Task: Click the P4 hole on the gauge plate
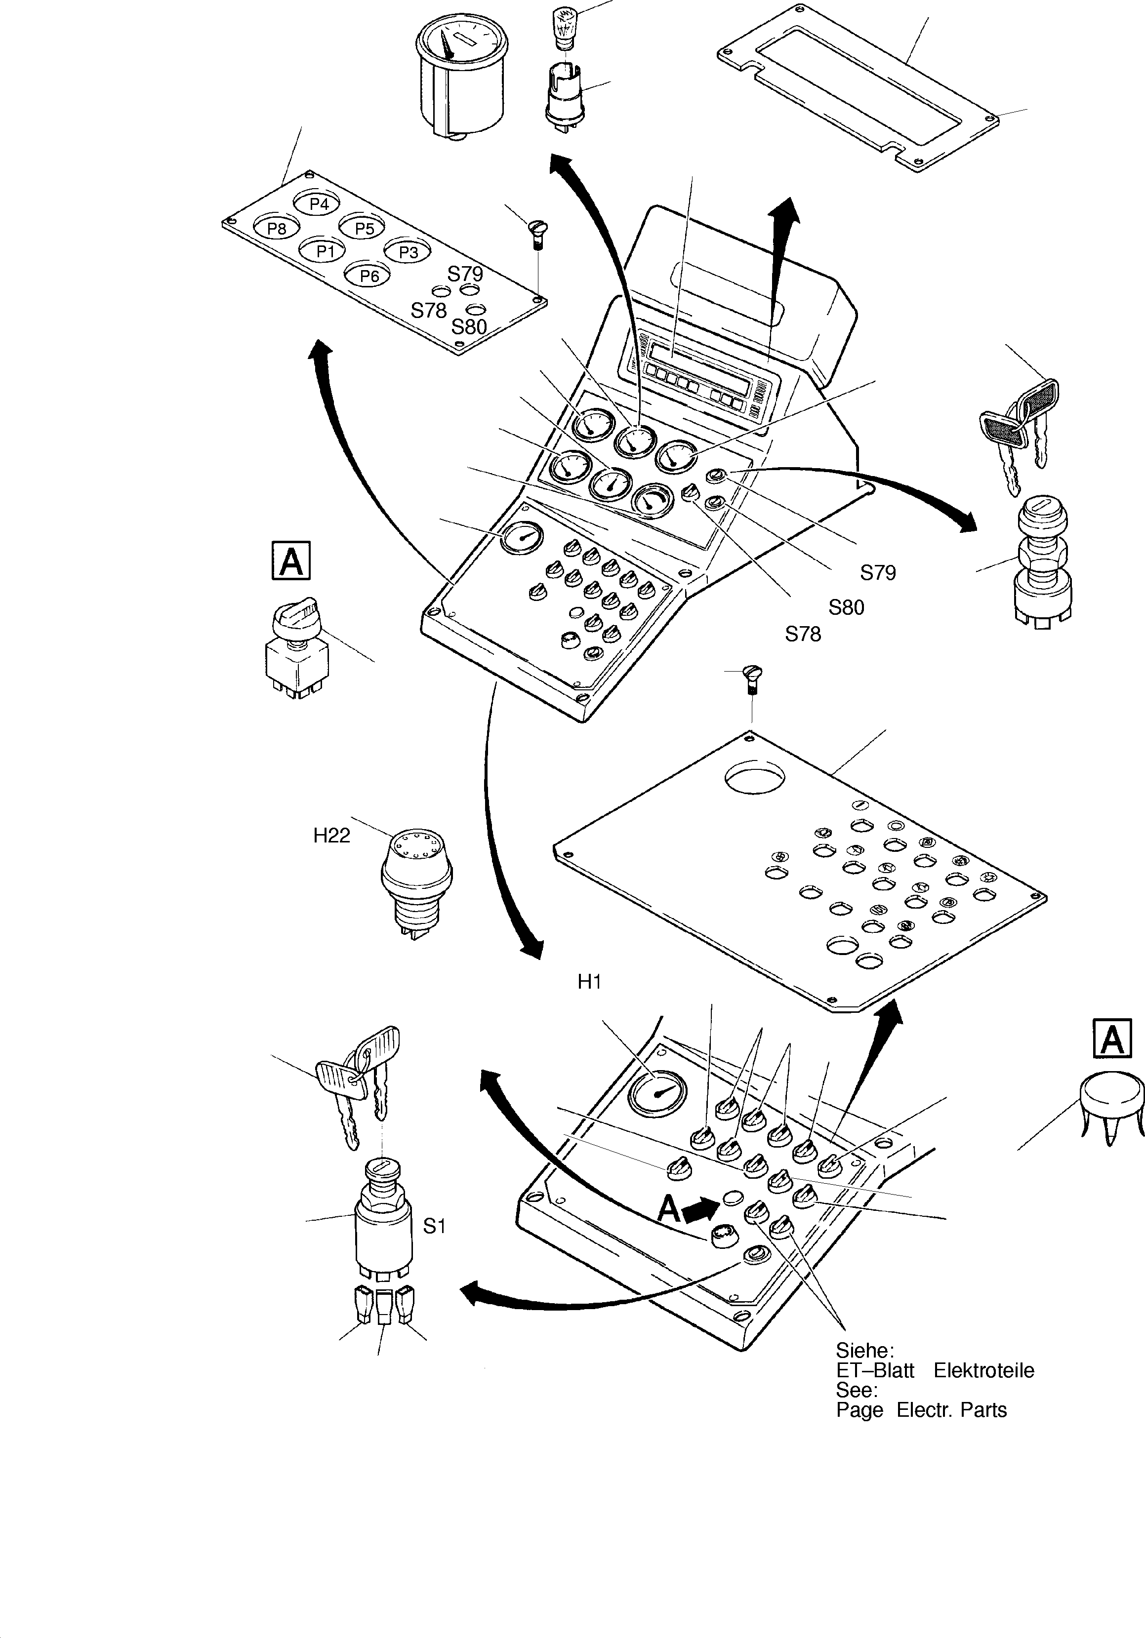[x=319, y=204]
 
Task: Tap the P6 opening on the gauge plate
[x=369, y=276]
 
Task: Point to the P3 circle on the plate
[x=408, y=251]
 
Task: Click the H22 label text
[x=332, y=836]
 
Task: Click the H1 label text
[x=589, y=982]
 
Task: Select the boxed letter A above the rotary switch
[x=291, y=561]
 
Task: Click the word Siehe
[x=864, y=1351]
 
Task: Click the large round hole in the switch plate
[x=755, y=777]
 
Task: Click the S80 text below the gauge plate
[x=469, y=327]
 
